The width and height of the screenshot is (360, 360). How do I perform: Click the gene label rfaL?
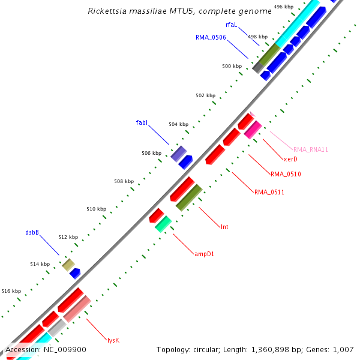point(232,25)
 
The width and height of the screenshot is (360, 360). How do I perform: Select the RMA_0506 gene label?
point(211,37)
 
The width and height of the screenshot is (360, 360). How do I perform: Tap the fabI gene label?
point(142,122)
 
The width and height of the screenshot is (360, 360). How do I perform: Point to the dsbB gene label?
point(32,232)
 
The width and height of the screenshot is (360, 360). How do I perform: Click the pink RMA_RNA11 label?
point(311,149)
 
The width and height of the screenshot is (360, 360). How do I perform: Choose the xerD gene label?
point(290,159)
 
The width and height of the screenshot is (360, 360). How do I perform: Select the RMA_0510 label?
point(286,175)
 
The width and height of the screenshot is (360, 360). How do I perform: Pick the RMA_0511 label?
point(269,193)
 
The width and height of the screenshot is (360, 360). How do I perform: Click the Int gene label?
point(224,227)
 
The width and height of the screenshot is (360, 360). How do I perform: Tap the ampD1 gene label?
point(204,254)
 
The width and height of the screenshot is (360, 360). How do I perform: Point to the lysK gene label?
point(113,340)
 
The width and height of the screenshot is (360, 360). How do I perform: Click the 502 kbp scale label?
point(205,95)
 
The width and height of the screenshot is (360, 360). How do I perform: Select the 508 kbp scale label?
point(124,181)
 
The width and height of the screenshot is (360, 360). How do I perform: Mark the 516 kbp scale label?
point(11,291)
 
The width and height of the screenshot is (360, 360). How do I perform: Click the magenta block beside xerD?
point(253,130)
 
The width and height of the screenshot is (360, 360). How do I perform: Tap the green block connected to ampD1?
point(163,224)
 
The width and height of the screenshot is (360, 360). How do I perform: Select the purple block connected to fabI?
point(178,154)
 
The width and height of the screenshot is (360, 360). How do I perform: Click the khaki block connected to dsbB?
point(68,265)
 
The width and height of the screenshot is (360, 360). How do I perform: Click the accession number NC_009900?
point(66,349)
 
